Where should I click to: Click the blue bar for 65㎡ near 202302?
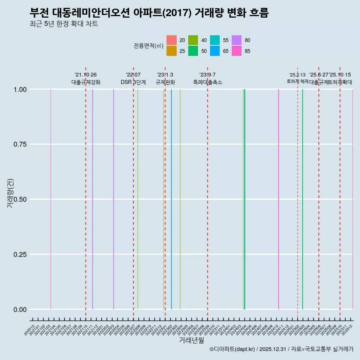point(171,199)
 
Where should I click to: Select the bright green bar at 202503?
point(303,199)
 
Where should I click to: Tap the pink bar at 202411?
point(279,199)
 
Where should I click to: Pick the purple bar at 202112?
point(93,199)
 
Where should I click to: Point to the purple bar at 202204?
point(114,199)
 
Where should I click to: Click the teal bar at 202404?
point(244,199)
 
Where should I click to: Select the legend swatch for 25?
point(171,51)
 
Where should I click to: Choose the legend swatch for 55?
point(215,40)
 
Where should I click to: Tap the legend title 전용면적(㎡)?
point(148,46)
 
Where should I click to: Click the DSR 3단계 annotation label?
point(133,82)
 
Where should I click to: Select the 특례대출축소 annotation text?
point(207,82)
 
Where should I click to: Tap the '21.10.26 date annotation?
point(85,75)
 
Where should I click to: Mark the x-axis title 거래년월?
point(191,340)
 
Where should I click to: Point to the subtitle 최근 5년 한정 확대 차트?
point(64,24)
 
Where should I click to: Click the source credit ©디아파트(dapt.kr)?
point(232,349)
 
